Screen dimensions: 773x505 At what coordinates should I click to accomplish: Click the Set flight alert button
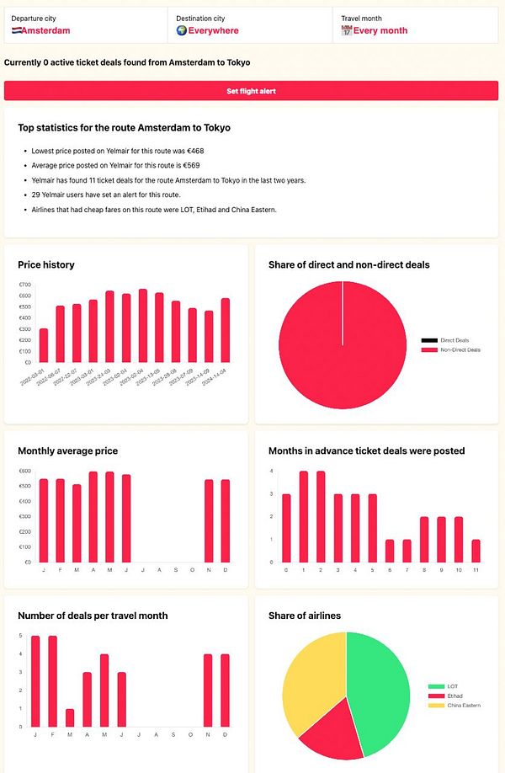click(252, 91)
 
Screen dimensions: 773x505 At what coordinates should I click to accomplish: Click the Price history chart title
click(46, 264)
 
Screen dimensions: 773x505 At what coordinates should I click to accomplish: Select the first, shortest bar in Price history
click(44, 345)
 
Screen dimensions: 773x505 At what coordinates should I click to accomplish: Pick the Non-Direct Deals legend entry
click(460, 349)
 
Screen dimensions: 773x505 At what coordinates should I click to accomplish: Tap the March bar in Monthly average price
click(77, 523)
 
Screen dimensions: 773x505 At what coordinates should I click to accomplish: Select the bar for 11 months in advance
click(476, 551)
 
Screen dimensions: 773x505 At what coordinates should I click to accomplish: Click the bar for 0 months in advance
click(286, 528)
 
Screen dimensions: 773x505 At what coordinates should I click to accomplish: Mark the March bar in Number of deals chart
click(69, 717)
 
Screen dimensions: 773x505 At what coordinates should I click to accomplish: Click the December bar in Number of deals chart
click(225, 690)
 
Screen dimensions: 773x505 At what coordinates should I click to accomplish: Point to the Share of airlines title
click(304, 616)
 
